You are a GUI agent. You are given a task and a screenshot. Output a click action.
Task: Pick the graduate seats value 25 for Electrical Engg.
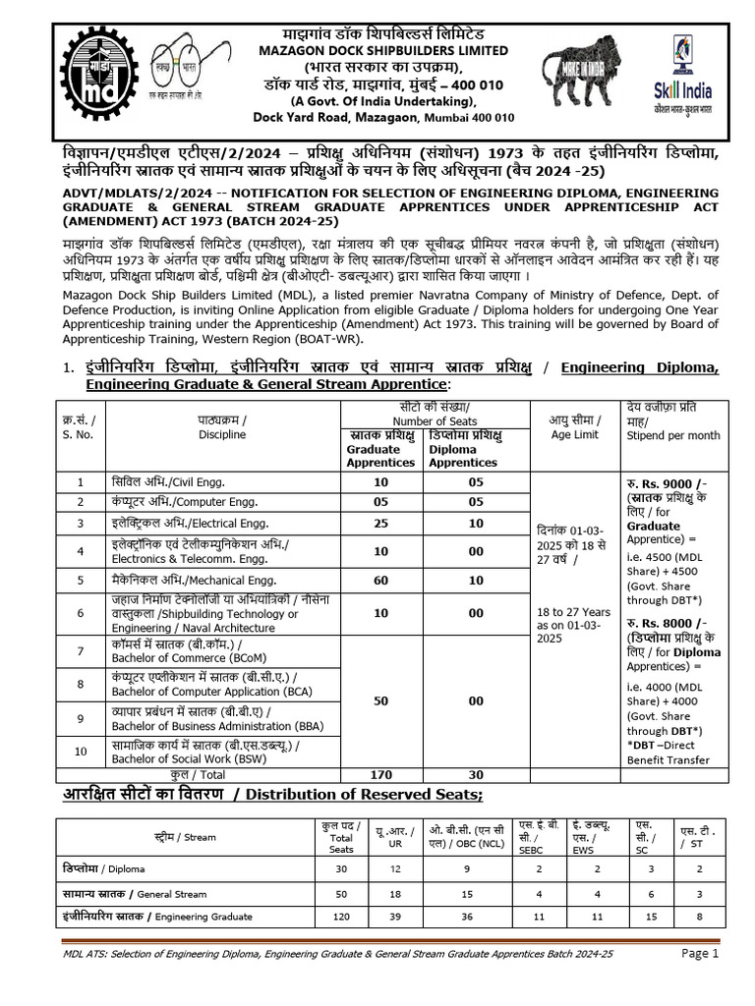click(380, 524)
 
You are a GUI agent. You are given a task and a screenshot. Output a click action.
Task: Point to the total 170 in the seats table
click(380, 774)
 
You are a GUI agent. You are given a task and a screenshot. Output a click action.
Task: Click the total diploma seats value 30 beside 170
click(476, 774)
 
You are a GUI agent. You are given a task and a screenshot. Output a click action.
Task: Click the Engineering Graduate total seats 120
click(341, 917)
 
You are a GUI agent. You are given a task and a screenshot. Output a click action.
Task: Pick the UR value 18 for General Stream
click(393, 893)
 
